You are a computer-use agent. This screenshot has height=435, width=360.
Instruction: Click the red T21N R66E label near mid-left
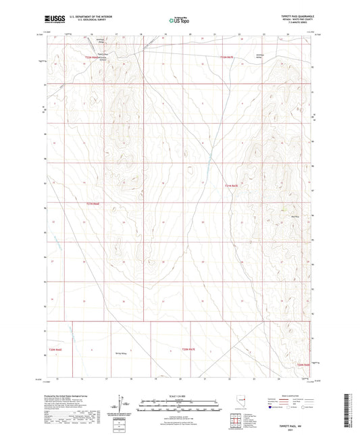(93, 203)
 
